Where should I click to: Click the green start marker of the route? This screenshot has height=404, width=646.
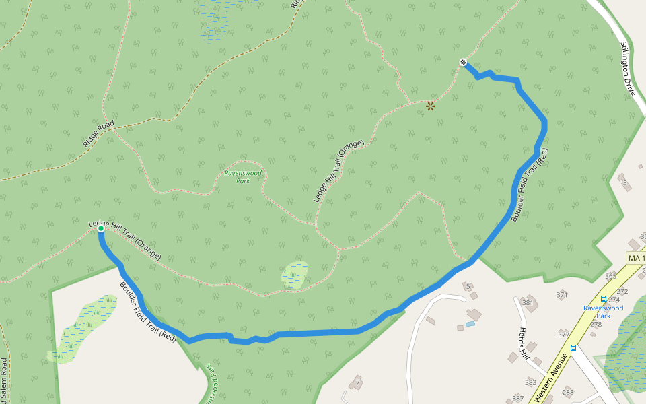pos(101,229)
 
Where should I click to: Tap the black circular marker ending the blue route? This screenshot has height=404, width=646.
pos(463,63)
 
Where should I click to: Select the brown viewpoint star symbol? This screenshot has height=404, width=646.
pos(431,106)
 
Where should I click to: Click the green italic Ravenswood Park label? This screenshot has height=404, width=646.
pos(237,176)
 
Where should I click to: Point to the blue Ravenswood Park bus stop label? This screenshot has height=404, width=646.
pos(603,312)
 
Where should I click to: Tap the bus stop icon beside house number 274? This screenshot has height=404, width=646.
pos(603,299)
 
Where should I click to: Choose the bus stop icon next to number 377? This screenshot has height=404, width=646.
pos(573,348)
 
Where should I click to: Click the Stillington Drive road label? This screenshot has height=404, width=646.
pos(628,68)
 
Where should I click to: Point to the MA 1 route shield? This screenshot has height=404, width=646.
pos(636,259)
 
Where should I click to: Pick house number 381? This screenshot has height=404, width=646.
pos(528,302)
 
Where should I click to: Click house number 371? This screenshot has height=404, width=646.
pos(563,295)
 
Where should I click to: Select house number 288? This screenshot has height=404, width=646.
pos(568,392)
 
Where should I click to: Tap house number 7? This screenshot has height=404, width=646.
pos(359,382)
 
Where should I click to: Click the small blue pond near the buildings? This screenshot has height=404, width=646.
pos(470,324)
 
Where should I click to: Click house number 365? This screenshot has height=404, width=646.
pos(610,276)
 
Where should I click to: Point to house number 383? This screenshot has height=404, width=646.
pos(531,382)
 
